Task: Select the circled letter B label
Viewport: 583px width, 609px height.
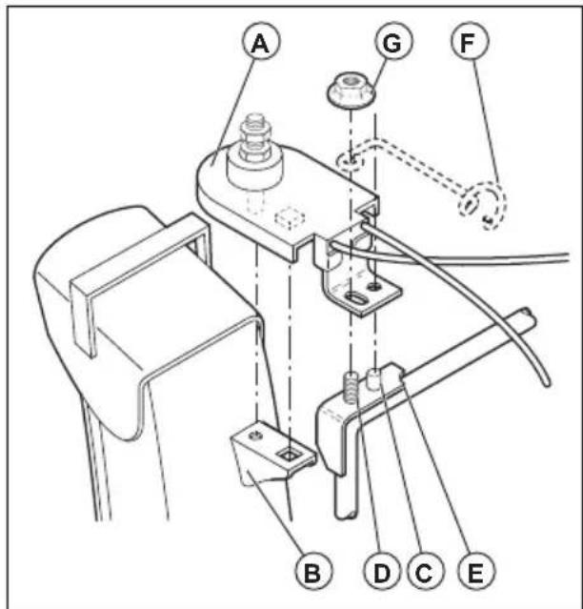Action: point(312,572)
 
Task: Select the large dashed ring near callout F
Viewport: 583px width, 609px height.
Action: point(483,203)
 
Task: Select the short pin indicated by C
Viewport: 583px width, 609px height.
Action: point(377,378)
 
